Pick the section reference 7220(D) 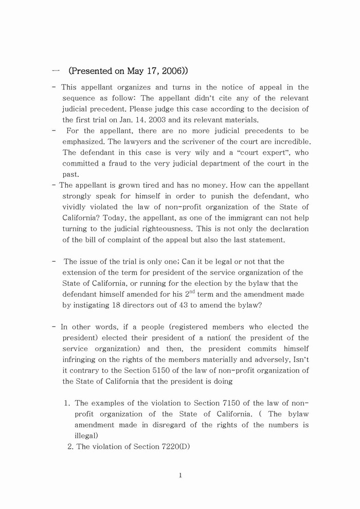[171, 447]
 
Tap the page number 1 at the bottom [181, 476]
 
